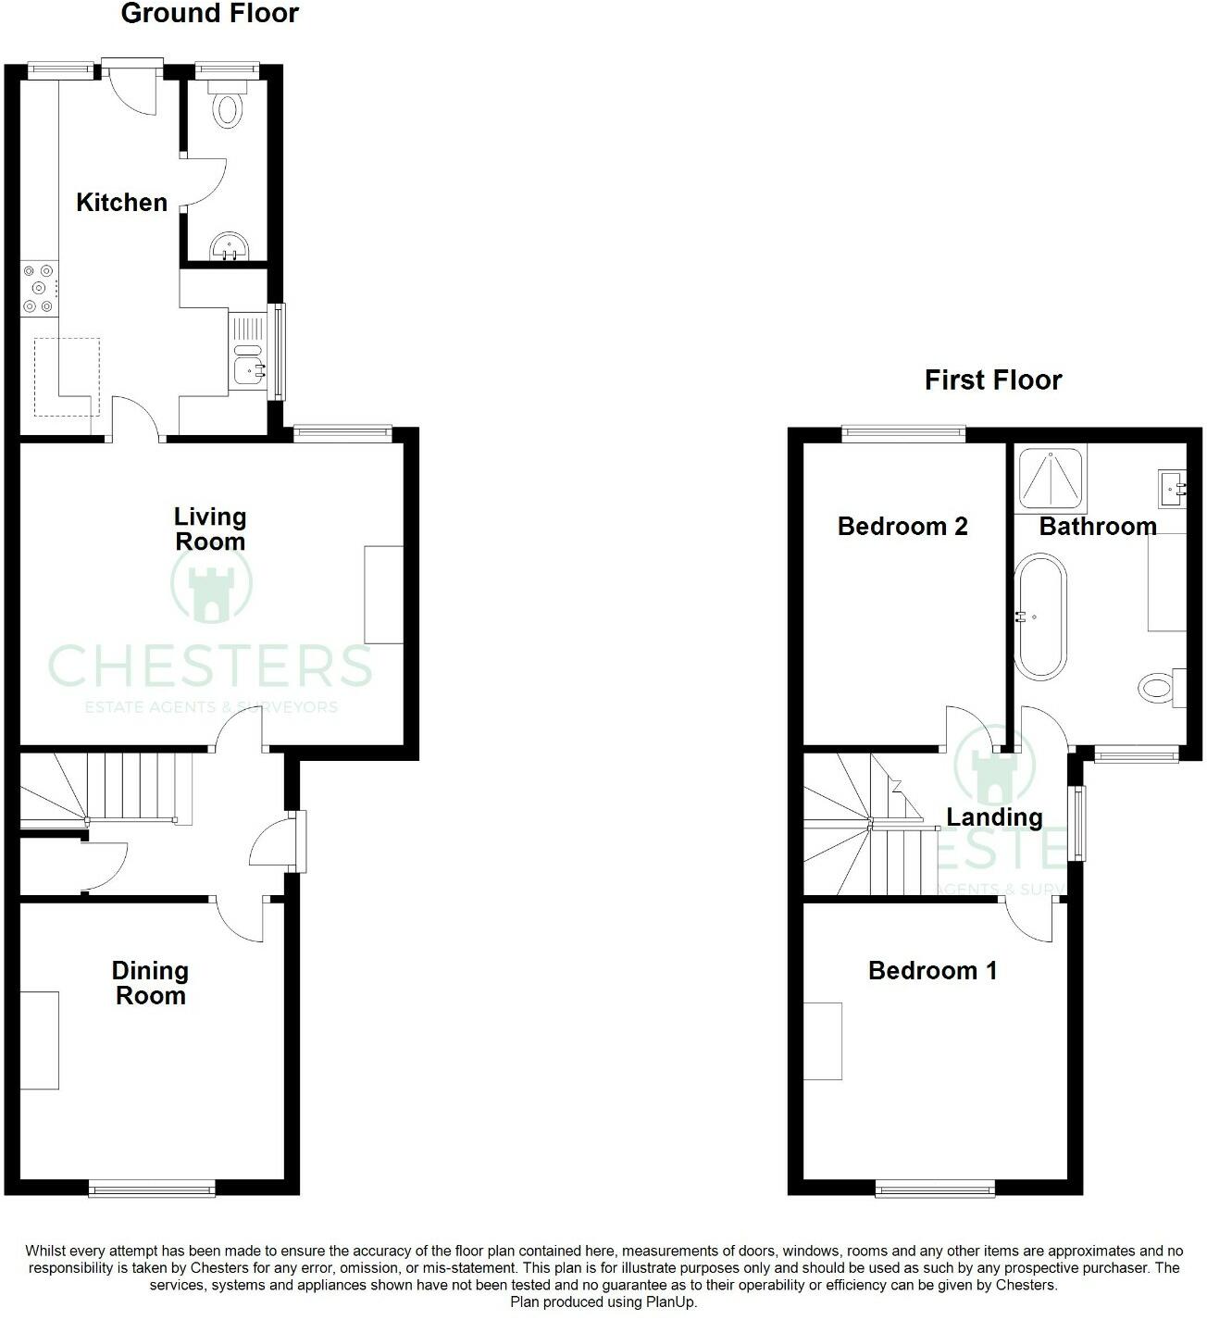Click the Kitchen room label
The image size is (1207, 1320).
click(x=121, y=202)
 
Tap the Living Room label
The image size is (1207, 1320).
click(x=210, y=529)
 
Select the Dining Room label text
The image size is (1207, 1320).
click(x=150, y=983)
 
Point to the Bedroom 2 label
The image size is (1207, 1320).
click(x=902, y=526)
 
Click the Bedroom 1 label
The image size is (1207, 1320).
click(x=932, y=970)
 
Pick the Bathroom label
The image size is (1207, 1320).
click(x=1098, y=526)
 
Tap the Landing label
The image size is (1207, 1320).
click(x=994, y=816)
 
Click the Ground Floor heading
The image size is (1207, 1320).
click(x=210, y=14)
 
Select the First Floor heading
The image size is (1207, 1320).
click(x=993, y=380)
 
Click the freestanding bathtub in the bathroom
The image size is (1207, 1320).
click(x=1040, y=616)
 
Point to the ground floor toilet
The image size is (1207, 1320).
click(x=228, y=106)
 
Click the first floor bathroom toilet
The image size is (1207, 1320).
click(x=1160, y=687)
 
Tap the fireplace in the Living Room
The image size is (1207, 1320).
click(x=384, y=594)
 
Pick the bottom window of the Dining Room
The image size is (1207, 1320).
click(x=152, y=1188)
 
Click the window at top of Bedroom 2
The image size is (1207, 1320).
click(x=903, y=432)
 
